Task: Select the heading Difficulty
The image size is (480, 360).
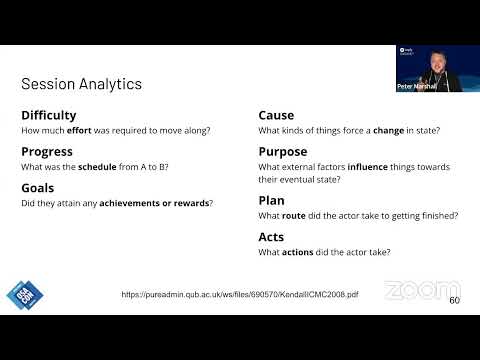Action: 48,115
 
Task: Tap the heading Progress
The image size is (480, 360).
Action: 46,151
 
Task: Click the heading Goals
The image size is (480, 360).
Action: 37,187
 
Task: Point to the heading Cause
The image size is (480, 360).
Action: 276,115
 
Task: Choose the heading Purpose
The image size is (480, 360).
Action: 282,151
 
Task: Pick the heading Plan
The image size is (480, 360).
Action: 271,200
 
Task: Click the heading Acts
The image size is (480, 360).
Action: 271,236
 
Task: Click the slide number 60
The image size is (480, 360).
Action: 454,300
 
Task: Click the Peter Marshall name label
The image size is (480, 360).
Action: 417,87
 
